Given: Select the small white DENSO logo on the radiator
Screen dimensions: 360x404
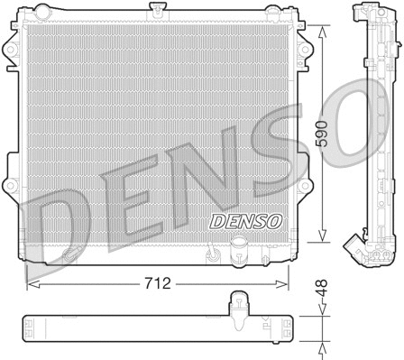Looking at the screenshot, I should [221, 221].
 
